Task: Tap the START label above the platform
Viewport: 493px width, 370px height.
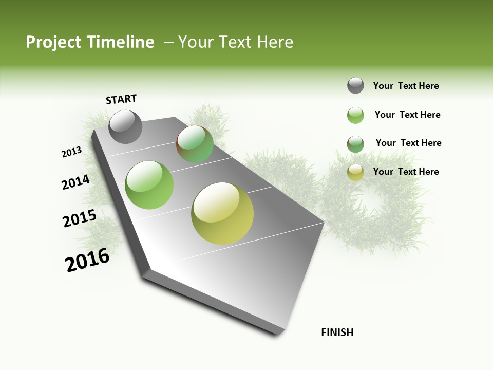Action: (x=121, y=99)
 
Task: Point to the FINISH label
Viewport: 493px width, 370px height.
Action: (x=337, y=332)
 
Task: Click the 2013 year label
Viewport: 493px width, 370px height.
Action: (x=71, y=152)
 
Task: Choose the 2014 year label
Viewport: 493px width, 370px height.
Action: (x=75, y=182)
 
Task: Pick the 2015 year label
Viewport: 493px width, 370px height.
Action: (x=80, y=218)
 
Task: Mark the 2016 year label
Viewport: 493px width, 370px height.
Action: (x=87, y=260)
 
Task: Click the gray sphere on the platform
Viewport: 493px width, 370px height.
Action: (x=125, y=127)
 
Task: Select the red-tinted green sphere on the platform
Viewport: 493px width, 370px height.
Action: (x=195, y=144)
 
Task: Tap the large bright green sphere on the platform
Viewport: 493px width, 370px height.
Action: (x=149, y=185)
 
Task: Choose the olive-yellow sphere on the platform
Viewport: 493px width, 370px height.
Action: (x=222, y=213)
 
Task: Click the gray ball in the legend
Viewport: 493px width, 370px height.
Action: (x=355, y=85)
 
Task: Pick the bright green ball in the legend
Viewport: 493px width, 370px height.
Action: (x=355, y=115)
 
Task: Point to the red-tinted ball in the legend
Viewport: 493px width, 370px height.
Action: (x=355, y=144)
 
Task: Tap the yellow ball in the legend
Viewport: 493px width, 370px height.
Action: (x=355, y=172)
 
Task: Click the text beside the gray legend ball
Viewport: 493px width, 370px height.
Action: (x=406, y=86)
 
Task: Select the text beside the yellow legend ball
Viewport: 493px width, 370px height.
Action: (x=406, y=172)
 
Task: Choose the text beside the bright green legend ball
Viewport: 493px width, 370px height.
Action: (x=407, y=115)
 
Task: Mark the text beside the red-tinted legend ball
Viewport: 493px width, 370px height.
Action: (x=408, y=143)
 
